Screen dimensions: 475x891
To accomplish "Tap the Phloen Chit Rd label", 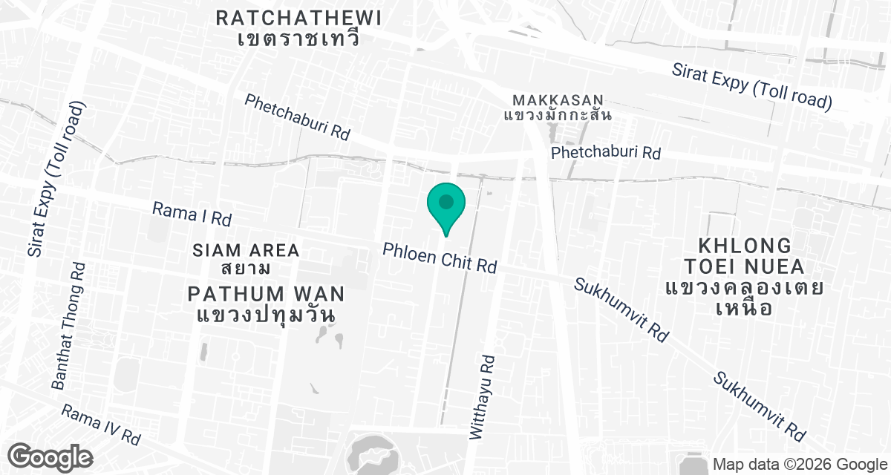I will pyautogui.click(x=439, y=257).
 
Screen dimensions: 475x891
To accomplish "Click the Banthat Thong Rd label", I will pyautogui.click(x=69, y=326).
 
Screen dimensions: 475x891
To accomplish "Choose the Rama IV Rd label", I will pyautogui.click(x=101, y=425).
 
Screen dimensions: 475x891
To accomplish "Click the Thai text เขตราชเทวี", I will pyautogui.click(x=299, y=39).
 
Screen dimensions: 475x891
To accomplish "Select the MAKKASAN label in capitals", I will pyautogui.click(x=558, y=99).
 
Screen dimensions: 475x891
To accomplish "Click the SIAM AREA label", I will pyautogui.click(x=245, y=250).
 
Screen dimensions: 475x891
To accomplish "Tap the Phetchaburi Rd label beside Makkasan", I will pyautogui.click(x=605, y=153).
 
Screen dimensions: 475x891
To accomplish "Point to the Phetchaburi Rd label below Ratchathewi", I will pyautogui.click(x=297, y=117).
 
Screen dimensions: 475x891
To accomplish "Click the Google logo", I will pyautogui.click(x=50, y=456).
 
